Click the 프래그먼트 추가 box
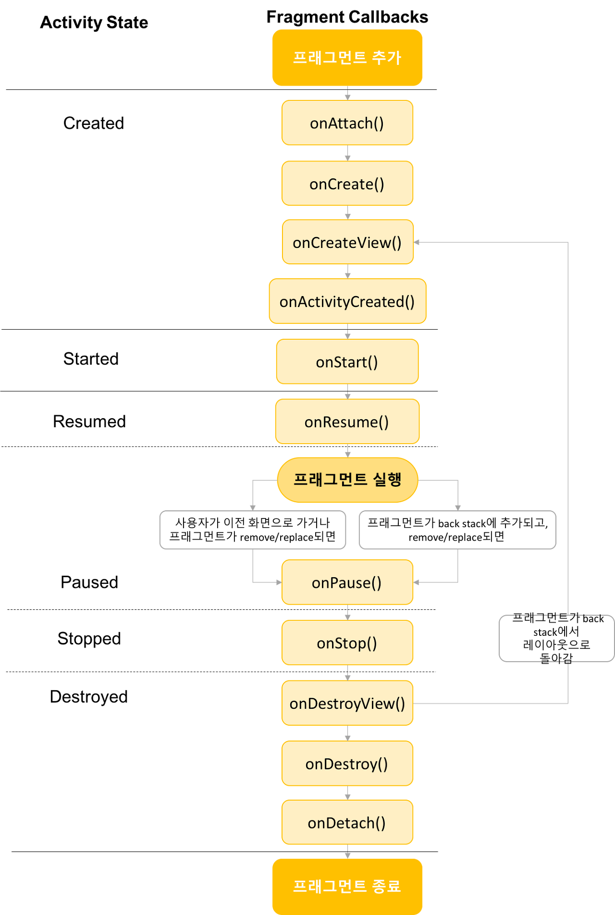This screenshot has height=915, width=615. click(347, 58)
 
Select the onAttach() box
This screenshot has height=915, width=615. click(347, 123)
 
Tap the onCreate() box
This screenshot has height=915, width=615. click(347, 184)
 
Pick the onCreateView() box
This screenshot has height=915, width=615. click(347, 242)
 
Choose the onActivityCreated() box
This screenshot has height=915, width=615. click(347, 301)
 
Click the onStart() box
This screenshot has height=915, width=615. click(347, 361)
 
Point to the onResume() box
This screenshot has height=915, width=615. click(347, 421)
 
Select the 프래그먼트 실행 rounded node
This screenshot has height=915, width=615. click(347, 480)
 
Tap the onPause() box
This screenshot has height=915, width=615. click(347, 582)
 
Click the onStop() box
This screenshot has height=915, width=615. click(347, 643)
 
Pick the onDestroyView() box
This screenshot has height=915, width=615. click(347, 703)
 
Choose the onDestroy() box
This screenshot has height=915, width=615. click(347, 764)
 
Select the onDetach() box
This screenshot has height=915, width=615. click(347, 823)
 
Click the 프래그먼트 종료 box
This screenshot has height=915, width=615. click(347, 886)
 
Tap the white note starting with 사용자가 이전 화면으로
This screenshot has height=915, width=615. click(253, 530)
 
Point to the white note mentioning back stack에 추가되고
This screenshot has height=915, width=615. click(457, 530)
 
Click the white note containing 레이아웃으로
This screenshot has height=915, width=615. click(556, 638)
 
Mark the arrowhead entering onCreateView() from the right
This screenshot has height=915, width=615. click(417, 242)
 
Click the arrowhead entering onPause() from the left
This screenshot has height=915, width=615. click(278, 582)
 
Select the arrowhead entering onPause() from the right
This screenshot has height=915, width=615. click(417, 582)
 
